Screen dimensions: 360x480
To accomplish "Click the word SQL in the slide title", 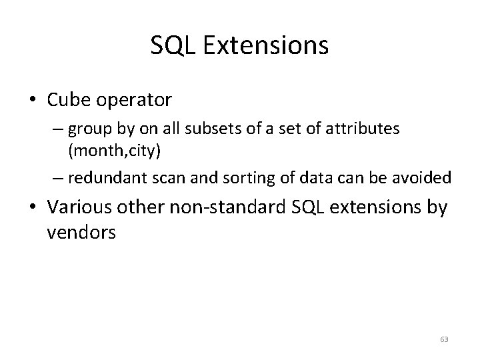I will pyautogui.click(x=170, y=45).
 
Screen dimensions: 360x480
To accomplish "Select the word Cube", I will pyautogui.click(x=70, y=100).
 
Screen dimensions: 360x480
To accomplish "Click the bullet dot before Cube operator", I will pyautogui.click(x=33, y=101).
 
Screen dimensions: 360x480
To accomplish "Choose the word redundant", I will pyautogui.click(x=99, y=179).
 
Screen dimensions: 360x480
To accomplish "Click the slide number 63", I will pyautogui.click(x=444, y=339).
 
